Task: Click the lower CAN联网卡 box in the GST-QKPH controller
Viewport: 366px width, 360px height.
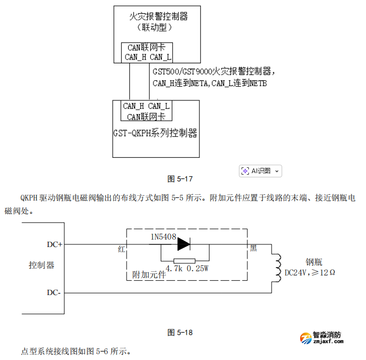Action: [x=146, y=111]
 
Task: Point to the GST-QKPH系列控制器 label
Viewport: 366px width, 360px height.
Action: [x=156, y=133]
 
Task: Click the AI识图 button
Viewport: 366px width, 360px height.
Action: [x=261, y=170]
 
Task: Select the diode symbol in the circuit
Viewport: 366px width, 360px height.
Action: [x=184, y=244]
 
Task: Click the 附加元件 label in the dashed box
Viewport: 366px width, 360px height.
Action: [x=149, y=275]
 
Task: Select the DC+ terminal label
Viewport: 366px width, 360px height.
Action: [x=54, y=244]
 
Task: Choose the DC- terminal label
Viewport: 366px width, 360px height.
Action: [x=54, y=292]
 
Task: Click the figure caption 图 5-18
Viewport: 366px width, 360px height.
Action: [x=180, y=332]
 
